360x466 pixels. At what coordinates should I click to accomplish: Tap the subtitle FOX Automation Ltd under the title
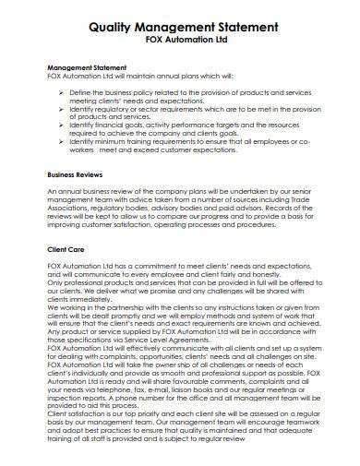(x=179, y=42)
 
